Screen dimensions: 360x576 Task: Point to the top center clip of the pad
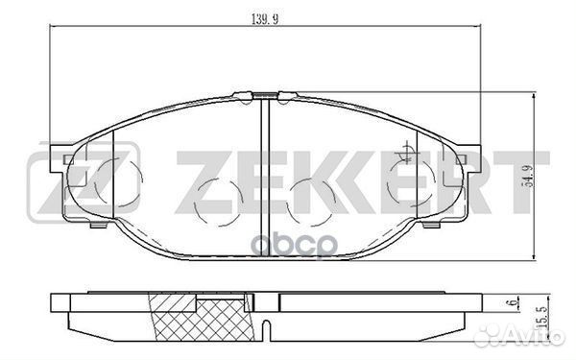[265, 94]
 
